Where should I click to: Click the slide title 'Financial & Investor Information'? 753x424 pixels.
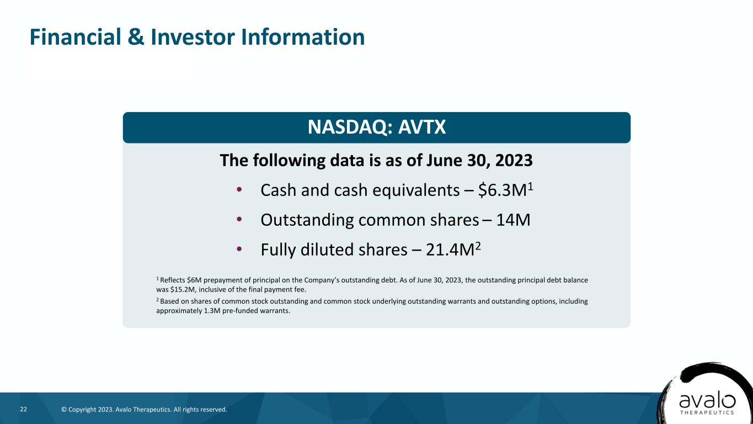(x=197, y=38)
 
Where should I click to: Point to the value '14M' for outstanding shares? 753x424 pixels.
(x=513, y=220)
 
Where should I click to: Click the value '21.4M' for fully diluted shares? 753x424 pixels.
(x=450, y=250)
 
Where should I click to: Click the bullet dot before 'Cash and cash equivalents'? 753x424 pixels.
(x=239, y=190)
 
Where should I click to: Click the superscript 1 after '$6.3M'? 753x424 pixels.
(x=530, y=186)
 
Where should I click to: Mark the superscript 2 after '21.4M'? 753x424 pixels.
(x=479, y=246)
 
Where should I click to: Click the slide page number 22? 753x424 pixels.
(x=23, y=409)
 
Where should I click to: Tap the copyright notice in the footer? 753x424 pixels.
(x=144, y=410)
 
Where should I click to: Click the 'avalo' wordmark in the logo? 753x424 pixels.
(x=707, y=400)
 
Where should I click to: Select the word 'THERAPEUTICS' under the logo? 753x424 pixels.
(x=707, y=412)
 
